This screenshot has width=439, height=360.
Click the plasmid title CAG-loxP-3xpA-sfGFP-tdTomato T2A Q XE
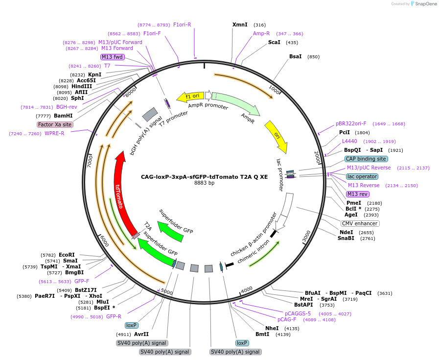tap(204, 177)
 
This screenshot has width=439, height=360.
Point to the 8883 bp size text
tap(204, 183)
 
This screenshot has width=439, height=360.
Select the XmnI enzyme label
tap(240, 24)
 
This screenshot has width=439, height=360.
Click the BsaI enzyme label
tap(296, 57)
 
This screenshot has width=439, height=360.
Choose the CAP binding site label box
tap(366, 159)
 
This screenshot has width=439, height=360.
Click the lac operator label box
tap(362, 176)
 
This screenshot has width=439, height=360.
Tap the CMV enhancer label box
tap(360, 223)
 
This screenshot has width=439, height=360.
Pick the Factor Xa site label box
tap(55, 124)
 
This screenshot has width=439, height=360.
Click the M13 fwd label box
tap(112, 57)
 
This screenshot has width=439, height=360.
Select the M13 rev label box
tap(357, 194)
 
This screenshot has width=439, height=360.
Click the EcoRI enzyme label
tap(67, 255)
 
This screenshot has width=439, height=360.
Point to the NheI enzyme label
tap(272, 328)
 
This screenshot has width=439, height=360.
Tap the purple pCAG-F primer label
tap(287, 320)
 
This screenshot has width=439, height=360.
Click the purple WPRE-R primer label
tap(54, 133)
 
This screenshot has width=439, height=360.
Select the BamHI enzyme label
tap(63, 116)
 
